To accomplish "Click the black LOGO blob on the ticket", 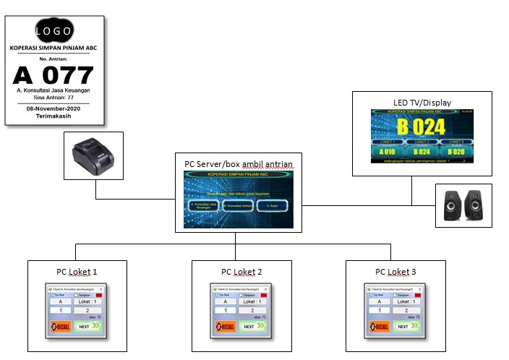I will [x=54, y=30].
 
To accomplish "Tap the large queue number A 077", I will [x=54, y=74].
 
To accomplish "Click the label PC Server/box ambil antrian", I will [x=239, y=165].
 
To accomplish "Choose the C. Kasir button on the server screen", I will [x=273, y=205].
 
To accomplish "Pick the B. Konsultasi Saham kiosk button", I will [x=238, y=205].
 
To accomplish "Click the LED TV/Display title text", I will [x=422, y=103].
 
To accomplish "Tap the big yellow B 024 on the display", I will [x=421, y=127].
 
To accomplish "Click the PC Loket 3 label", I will [x=396, y=273].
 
